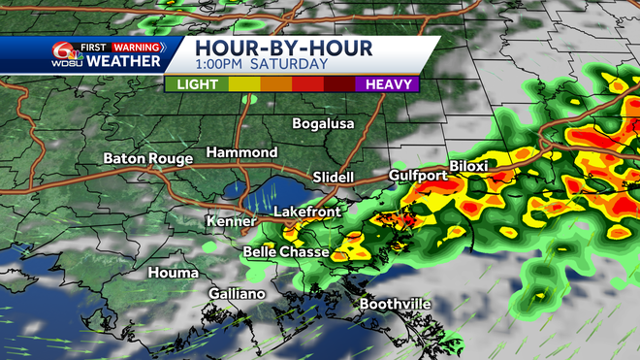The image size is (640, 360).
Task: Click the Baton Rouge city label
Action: click(146, 158)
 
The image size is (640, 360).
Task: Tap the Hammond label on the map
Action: click(241, 152)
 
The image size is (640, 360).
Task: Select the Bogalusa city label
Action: click(324, 124)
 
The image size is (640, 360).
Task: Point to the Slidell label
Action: click(334, 178)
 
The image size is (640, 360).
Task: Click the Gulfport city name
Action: click(418, 176)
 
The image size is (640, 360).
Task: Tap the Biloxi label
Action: click(468, 166)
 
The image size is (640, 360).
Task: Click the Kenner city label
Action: click(231, 222)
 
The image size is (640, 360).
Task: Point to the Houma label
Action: click(173, 274)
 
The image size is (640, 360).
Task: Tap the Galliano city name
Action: click(237, 293)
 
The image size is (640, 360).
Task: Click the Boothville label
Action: click(395, 304)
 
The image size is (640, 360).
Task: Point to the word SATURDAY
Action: click(288, 66)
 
